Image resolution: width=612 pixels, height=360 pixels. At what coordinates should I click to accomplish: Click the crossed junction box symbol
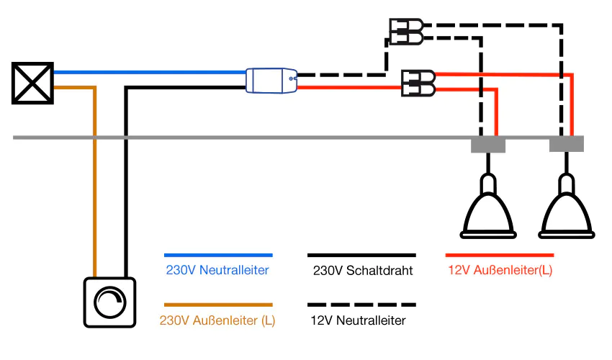pyautogui.click(x=33, y=83)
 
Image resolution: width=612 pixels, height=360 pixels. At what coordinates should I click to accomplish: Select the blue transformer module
pyautogui.click(x=271, y=81)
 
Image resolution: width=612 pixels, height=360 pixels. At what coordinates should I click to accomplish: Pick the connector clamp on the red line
pyautogui.click(x=418, y=83)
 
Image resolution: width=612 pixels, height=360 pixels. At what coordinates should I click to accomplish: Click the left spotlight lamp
pyautogui.click(x=488, y=210)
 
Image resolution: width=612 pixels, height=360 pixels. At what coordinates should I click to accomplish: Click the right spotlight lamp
pyautogui.click(x=567, y=210)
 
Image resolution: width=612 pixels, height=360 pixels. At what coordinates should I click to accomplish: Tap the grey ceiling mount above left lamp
pyautogui.click(x=488, y=145)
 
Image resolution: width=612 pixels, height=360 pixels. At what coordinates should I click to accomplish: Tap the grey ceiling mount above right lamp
pyautogui.click(x=567, y=145)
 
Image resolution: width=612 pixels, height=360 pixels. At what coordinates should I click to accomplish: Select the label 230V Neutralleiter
pyautogui.click(x=217, y=271)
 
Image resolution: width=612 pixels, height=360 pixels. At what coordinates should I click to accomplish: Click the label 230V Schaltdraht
pyautogui.click(x=362, y=271)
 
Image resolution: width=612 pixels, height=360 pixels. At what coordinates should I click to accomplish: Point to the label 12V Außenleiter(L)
pyautogui.click(x=500, y=271)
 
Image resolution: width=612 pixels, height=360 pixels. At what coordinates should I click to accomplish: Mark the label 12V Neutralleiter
pyautogui.click(x=358, y=320)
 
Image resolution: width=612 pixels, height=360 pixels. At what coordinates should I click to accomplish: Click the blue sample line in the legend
pyautogui.click(x=218, y=255)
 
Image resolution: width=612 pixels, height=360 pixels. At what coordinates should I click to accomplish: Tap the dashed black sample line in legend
pyautogui.click(x=361, y=305)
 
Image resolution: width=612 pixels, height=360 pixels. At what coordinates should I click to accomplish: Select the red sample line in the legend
pyautogui.click(x=500, y=255)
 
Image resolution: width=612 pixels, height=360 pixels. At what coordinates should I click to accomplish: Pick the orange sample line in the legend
pyautogui.click(x=218, y=305)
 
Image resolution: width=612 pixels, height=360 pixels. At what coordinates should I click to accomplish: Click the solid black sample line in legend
pyautogui.click(x=361, y=255)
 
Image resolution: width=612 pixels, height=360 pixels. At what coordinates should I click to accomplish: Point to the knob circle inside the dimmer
pyautogui.click(x=109, y=302)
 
